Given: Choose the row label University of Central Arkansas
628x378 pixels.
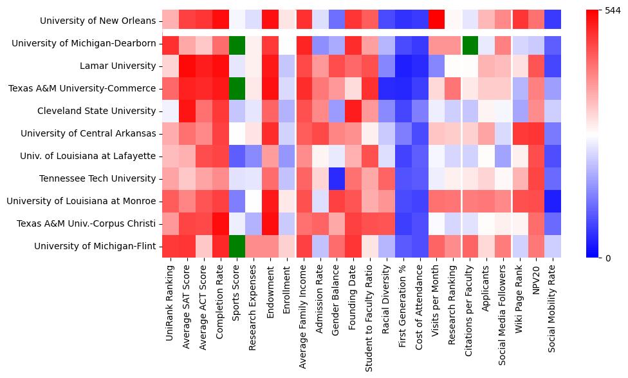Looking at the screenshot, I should tap(88, 133).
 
